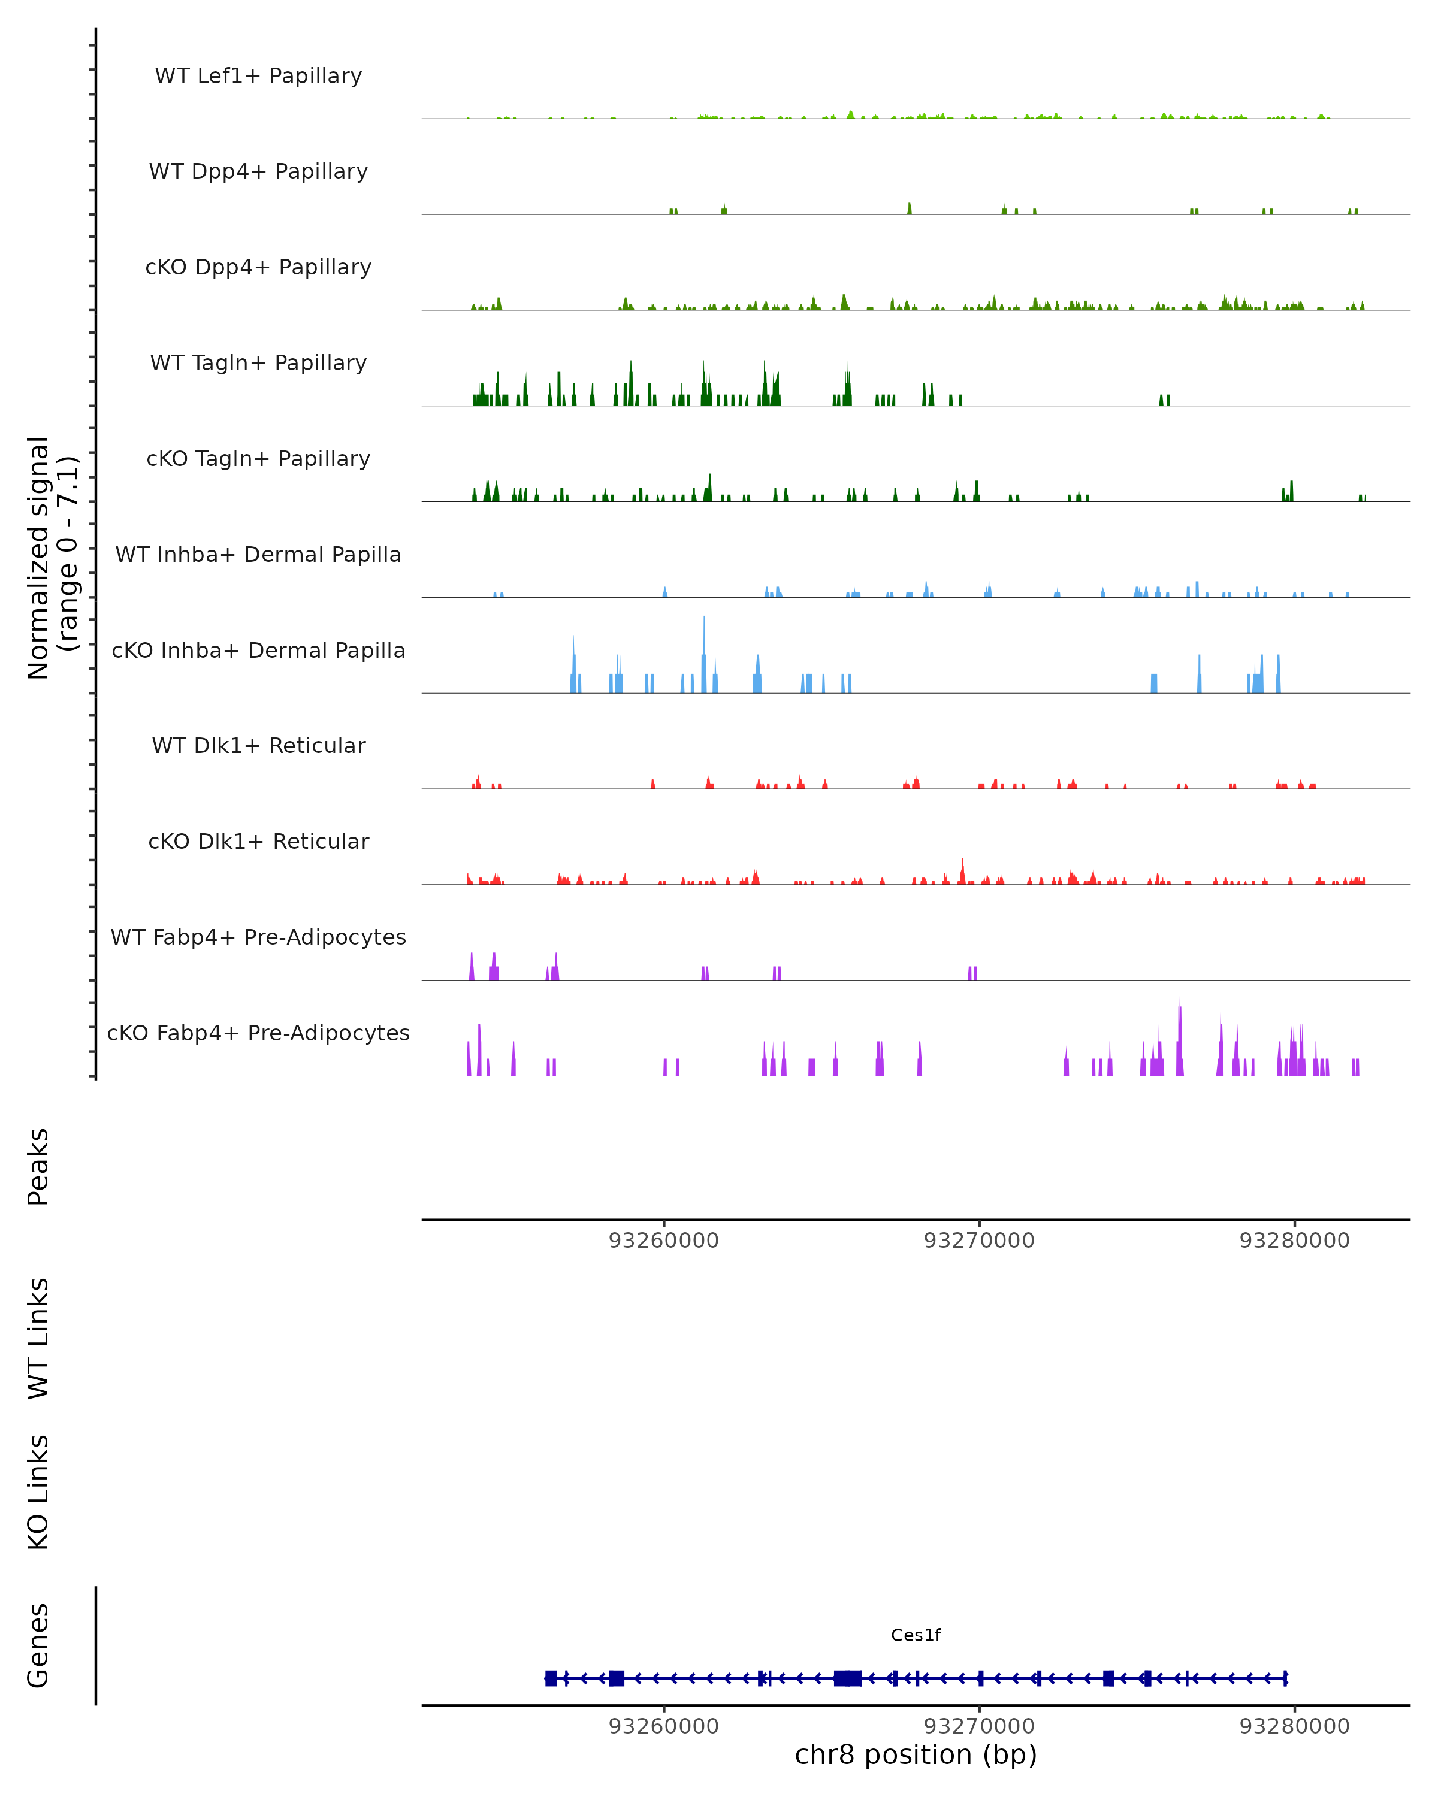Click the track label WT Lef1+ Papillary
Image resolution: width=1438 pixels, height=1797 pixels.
click(258, 76)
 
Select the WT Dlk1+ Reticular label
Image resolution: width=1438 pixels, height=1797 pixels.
click(258, 745)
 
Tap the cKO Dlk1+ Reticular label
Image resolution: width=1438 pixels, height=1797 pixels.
click(258, 841)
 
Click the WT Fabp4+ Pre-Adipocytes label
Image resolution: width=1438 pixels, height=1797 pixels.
click(258, 937)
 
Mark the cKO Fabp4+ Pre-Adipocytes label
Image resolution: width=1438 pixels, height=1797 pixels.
click(258, 1033)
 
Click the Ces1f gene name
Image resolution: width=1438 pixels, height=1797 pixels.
click(916, 1635)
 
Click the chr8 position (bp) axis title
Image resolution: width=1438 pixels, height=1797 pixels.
click(916, 1754)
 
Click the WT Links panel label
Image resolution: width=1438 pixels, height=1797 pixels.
click(38, 1338)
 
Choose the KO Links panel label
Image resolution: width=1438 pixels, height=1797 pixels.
click(38, 1492)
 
